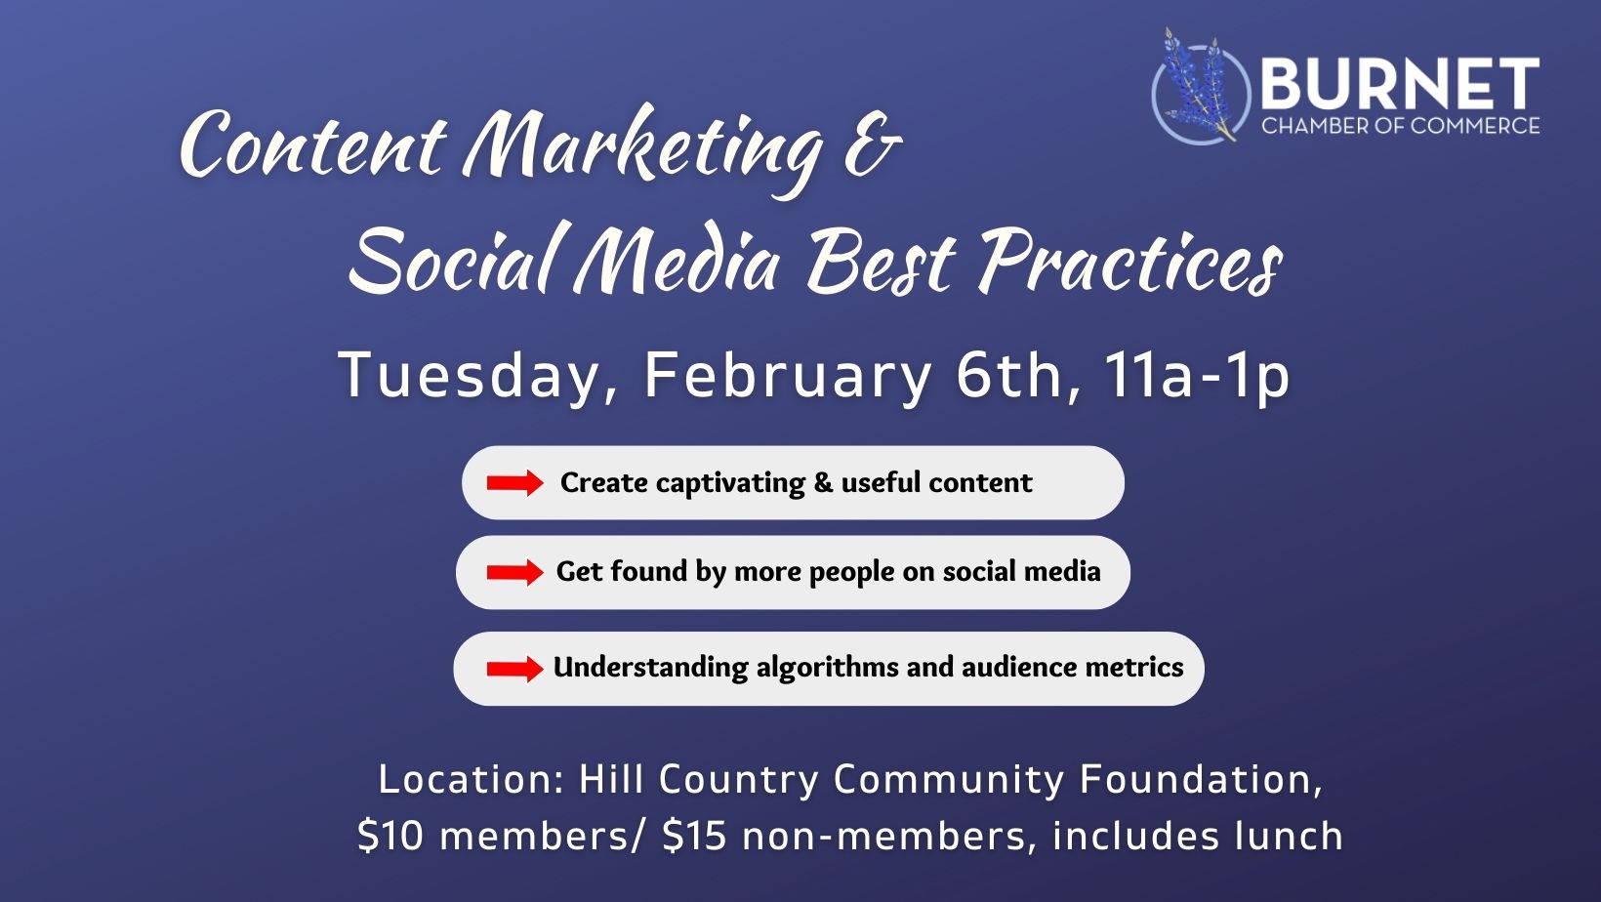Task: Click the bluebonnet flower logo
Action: point(1200,87)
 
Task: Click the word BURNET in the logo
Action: point(1400,84)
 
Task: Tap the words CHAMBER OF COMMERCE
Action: point(1400,126)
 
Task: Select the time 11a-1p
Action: point(1197,376)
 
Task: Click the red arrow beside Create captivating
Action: point(515,483)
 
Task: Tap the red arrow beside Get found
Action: point(515,572)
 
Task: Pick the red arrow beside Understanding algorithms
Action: point(515,669)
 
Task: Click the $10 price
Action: point(390,836)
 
